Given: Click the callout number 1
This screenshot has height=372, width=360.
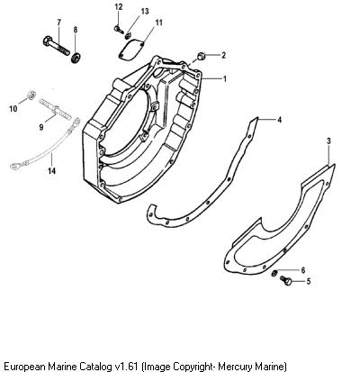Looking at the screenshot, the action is (224, 79).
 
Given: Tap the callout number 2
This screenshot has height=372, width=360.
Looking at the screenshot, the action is (223, 55).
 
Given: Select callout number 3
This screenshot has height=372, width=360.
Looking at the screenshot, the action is (328, 141).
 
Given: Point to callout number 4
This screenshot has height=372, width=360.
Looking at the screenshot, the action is (279, 120).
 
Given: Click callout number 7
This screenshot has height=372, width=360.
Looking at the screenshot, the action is (58, 23).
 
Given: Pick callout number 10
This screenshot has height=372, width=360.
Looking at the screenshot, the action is (13, 108).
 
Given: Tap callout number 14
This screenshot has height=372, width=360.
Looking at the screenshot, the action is (51, 171).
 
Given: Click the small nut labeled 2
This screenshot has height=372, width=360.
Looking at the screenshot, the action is (201, 56).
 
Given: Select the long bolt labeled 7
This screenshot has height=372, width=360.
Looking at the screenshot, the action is (57, 46).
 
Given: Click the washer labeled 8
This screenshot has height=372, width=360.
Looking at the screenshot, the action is (76, 57).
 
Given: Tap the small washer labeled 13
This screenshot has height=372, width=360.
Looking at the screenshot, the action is (128, 36).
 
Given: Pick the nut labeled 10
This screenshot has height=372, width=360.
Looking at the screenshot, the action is (31, 95).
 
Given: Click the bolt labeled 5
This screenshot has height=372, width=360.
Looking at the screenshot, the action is (285, 281).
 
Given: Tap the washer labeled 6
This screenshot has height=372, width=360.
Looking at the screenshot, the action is (274, 273).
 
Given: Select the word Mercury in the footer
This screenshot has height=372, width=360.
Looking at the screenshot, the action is (235, 367).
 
